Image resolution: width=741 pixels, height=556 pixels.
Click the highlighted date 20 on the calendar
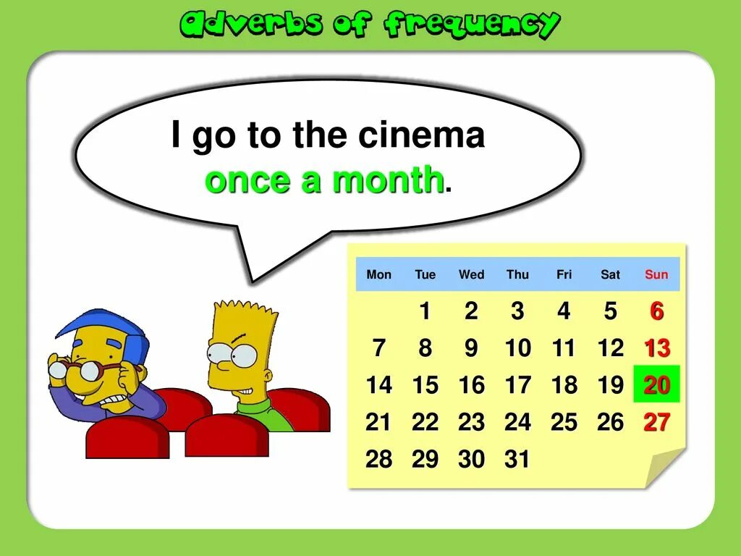pyautogui.click(x=656, y=384)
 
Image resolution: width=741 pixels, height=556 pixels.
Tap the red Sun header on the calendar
pyautogui.click(x=656, y=274)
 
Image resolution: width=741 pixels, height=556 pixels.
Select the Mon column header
pyautogui.click(x=378, y=274)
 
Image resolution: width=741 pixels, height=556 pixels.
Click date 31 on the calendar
pyautogui.click(x=517, y=459)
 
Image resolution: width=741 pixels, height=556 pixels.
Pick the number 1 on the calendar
pyautogui.click(x=425, y=311)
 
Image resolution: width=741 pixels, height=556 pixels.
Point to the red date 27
pyautogui.click(x=656, y=422)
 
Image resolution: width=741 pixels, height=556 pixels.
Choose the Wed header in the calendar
pyautogui.click(x=471, y=274)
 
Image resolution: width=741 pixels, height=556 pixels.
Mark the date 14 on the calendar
pyautogui.click(x=378, y=385)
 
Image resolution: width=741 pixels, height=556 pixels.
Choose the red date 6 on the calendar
pyautogui.click(x=656, y=311)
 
